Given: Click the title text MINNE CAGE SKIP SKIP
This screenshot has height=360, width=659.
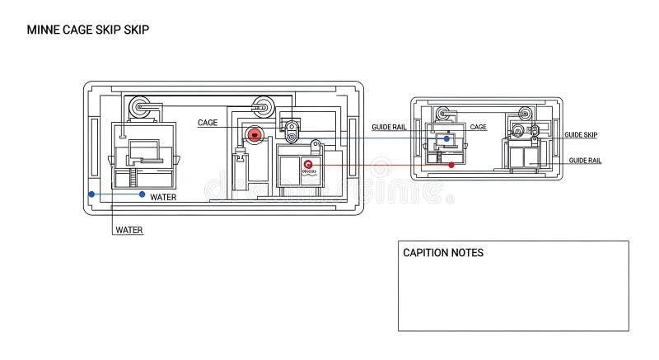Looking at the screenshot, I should (x=88, y=29).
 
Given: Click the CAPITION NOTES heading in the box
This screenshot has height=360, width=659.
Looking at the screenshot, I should (x=443, y=253).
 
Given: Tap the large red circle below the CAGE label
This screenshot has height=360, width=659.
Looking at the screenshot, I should (x=255, y=134).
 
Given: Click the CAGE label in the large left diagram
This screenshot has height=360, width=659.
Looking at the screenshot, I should (x=208, y=122).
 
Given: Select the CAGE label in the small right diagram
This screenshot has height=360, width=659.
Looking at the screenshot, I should (x=478, y=127).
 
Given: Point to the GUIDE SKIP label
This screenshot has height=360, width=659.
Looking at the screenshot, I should (x=581, y=134).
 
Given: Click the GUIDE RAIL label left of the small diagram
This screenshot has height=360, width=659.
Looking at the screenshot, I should (x=388, y=127).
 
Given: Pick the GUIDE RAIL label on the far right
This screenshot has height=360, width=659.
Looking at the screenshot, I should (x=585, y=160).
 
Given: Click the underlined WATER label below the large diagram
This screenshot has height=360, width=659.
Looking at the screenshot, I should (x=129, y=231).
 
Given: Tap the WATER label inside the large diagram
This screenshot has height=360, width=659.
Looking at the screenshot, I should (x=163, y=197).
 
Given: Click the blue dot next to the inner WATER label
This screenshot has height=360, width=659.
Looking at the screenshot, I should (x=143, y=194).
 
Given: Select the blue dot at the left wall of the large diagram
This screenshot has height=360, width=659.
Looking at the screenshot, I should (x=91, y=194).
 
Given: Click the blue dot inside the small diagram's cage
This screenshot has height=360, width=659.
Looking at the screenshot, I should (x=447, y=139).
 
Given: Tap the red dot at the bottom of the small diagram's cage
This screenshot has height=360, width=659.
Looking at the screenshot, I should (x=452, y=166).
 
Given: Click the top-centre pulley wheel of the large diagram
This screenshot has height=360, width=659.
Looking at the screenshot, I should (x=263, y=105).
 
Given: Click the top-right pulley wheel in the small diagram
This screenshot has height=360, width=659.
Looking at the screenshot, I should (x=524, y=114).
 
